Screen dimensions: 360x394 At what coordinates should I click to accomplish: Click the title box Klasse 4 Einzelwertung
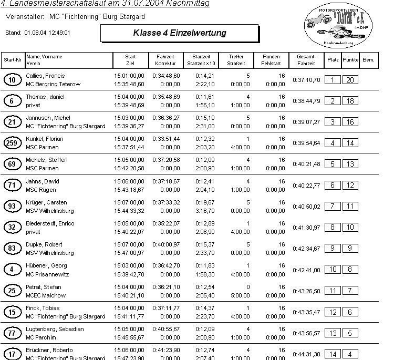179,33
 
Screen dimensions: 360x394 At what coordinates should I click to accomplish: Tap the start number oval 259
12,143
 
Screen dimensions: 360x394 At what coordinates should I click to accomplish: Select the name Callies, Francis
45,76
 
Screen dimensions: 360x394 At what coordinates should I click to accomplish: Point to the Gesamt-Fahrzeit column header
306,60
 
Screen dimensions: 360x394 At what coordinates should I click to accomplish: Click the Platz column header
333,60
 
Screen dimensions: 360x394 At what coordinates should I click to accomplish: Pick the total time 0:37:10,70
306,80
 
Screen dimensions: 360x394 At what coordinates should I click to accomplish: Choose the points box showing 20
350,80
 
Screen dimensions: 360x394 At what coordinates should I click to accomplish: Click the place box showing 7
333,206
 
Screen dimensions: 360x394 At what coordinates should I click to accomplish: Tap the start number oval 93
12,207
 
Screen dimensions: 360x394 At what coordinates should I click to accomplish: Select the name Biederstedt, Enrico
50,223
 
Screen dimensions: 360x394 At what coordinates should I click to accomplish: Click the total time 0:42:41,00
306,270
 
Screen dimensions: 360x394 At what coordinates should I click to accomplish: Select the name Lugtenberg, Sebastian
55,329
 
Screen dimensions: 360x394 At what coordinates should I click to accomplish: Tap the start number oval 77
12,333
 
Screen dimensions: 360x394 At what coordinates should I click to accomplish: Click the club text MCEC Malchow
46,295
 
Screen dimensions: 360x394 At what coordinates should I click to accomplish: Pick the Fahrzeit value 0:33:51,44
166,139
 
